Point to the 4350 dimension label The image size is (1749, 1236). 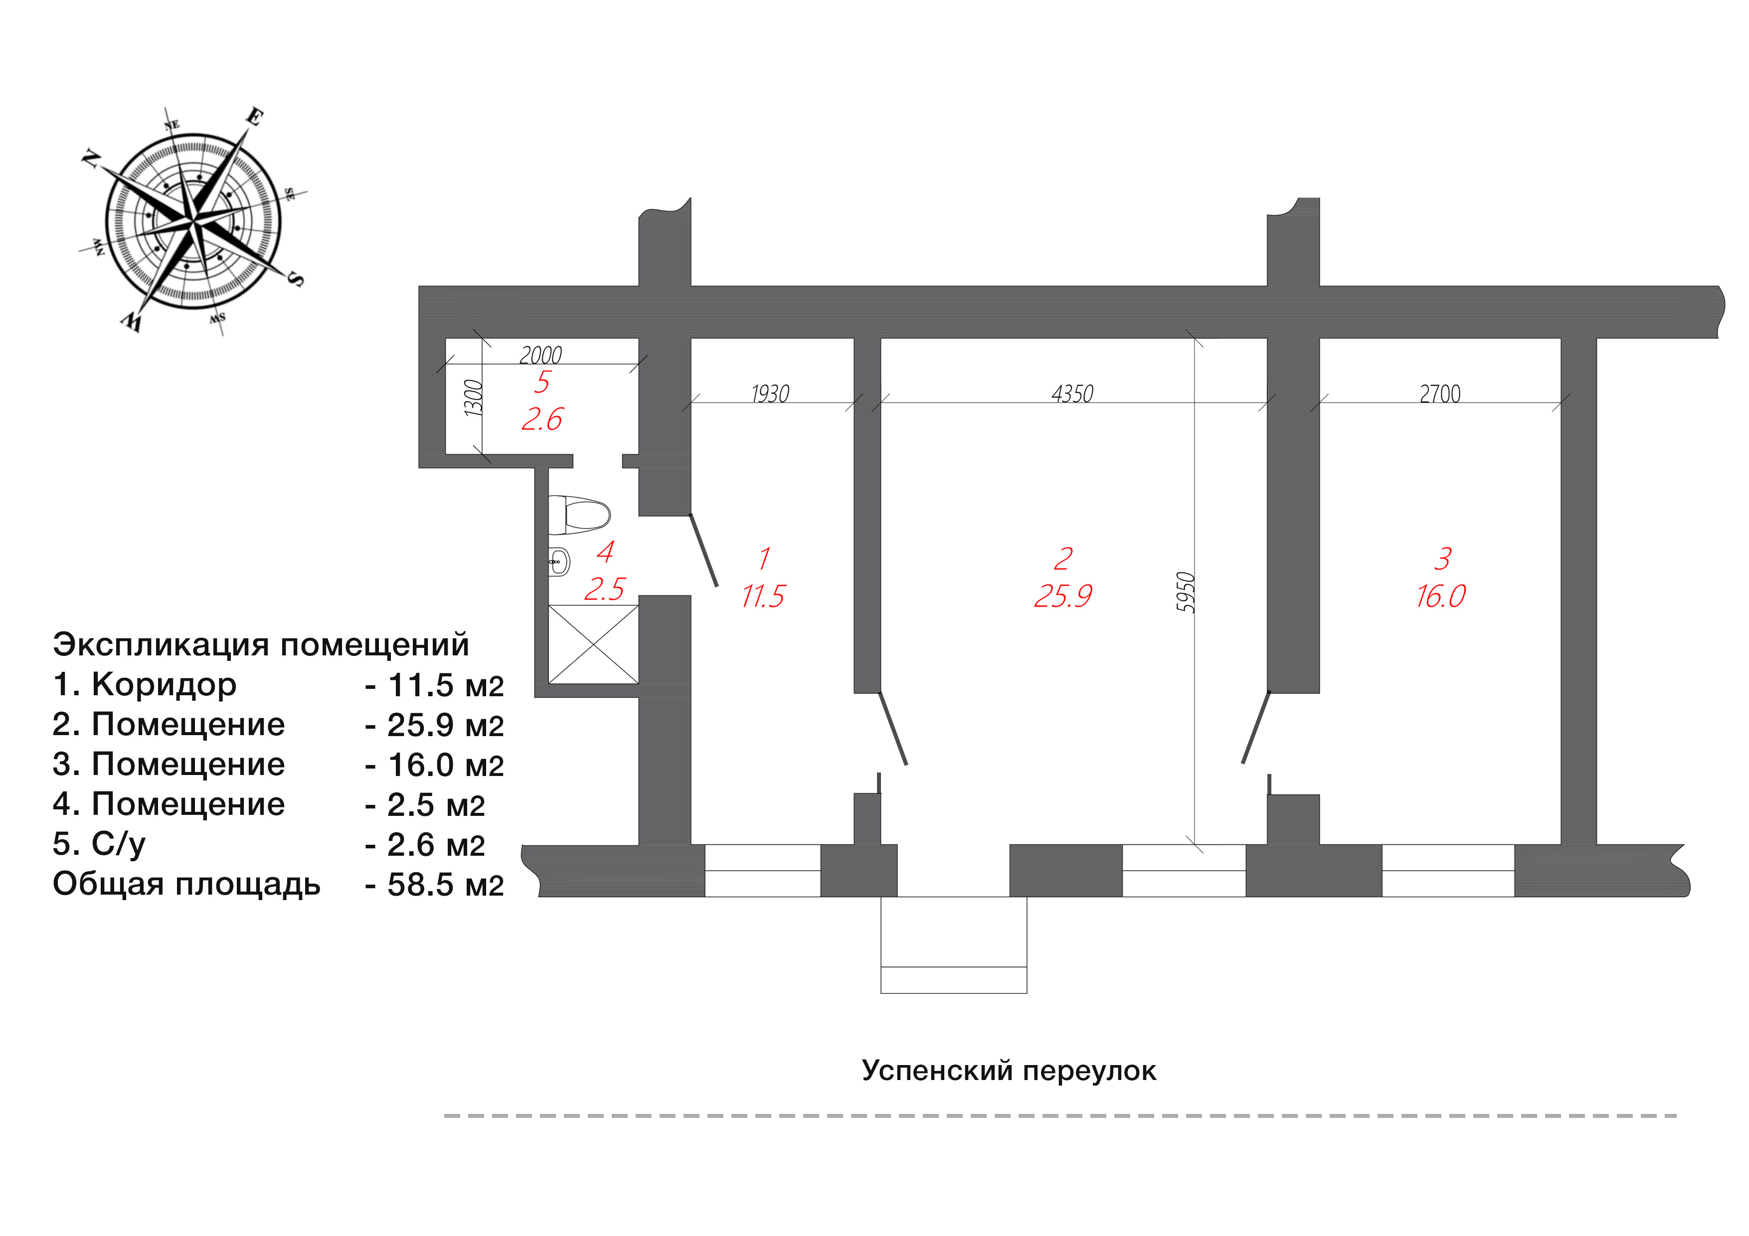pyautogui.click(x=1072, y=394)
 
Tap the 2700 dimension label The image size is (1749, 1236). pyautogui.click(x=1440, y=394)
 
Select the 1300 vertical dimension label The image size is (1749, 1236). pyautogui.click(x=474, y=398)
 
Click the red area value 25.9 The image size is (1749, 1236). pyautogui.click(x=1062, y=596)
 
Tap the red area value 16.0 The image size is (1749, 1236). pyautogui.click(x=1440, y=596)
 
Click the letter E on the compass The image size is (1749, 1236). pyautogui.click(x=255, y=117)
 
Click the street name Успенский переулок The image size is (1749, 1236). pyautogui.click(x=1009, y=1071)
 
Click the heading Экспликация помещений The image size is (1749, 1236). pyautogui.click(x=261, y=644)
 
